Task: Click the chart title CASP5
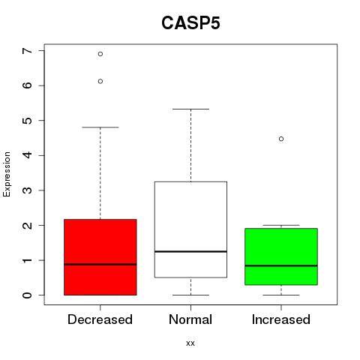click(190, 23)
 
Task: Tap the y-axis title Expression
click(7, 174)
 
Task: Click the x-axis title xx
click(190, 343)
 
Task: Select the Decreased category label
click(100, 319)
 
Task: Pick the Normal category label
click(190, 319)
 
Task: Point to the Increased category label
click(281, 319)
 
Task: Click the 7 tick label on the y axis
click(28, 51)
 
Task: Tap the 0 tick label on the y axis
click(28, 295)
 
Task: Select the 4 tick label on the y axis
click(28, 155)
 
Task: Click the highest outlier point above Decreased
click(100, 54)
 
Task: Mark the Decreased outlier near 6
click(100, 81)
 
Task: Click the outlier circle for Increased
click(281, 139)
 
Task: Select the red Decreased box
click(100, 257)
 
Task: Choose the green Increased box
click(281, 256)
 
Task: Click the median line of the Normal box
click(190, 251)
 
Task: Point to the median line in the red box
click(100, 264)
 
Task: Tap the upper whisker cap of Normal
click(190, 109)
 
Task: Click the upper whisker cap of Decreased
click(100, 127)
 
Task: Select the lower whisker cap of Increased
click(281, 295)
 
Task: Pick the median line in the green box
click(281, 265)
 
